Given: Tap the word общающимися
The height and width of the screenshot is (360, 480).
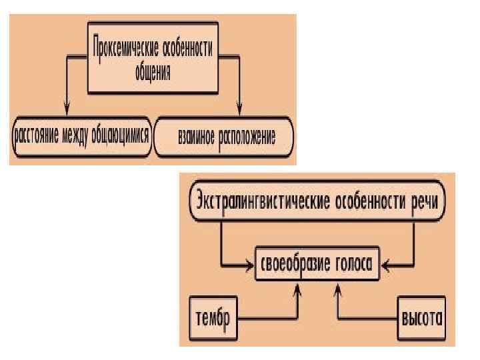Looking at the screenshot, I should click(x=125, y=137).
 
